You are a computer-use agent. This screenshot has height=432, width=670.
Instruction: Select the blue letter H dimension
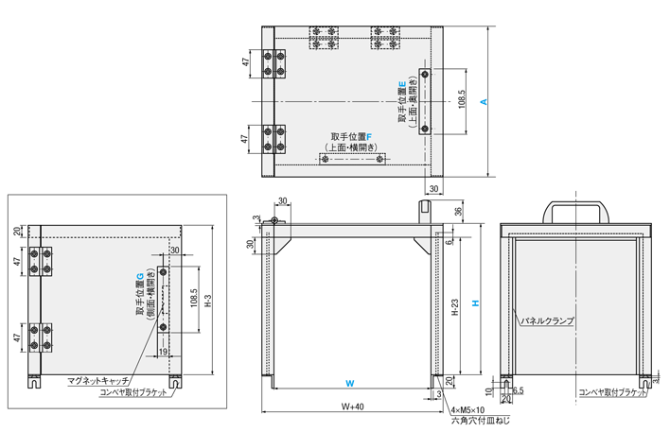pyautogui.click(x=475, y=302)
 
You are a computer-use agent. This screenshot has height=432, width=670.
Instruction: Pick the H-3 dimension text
pyautogui.click(x=208, y=301)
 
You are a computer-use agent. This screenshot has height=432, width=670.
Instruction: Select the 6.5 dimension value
pyautogui.click(x=519, y=389)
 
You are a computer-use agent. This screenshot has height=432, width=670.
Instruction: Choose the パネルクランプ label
pyautogui.click(x=549, y=321)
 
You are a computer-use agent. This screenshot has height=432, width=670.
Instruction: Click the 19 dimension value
pyautogui.click(x=164, y=352)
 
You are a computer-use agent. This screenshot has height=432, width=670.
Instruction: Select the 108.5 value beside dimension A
pyautogui.click(x=460, y=100)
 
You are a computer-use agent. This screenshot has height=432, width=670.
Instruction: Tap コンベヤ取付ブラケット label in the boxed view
pyautogui.click(x=134, y=391)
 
